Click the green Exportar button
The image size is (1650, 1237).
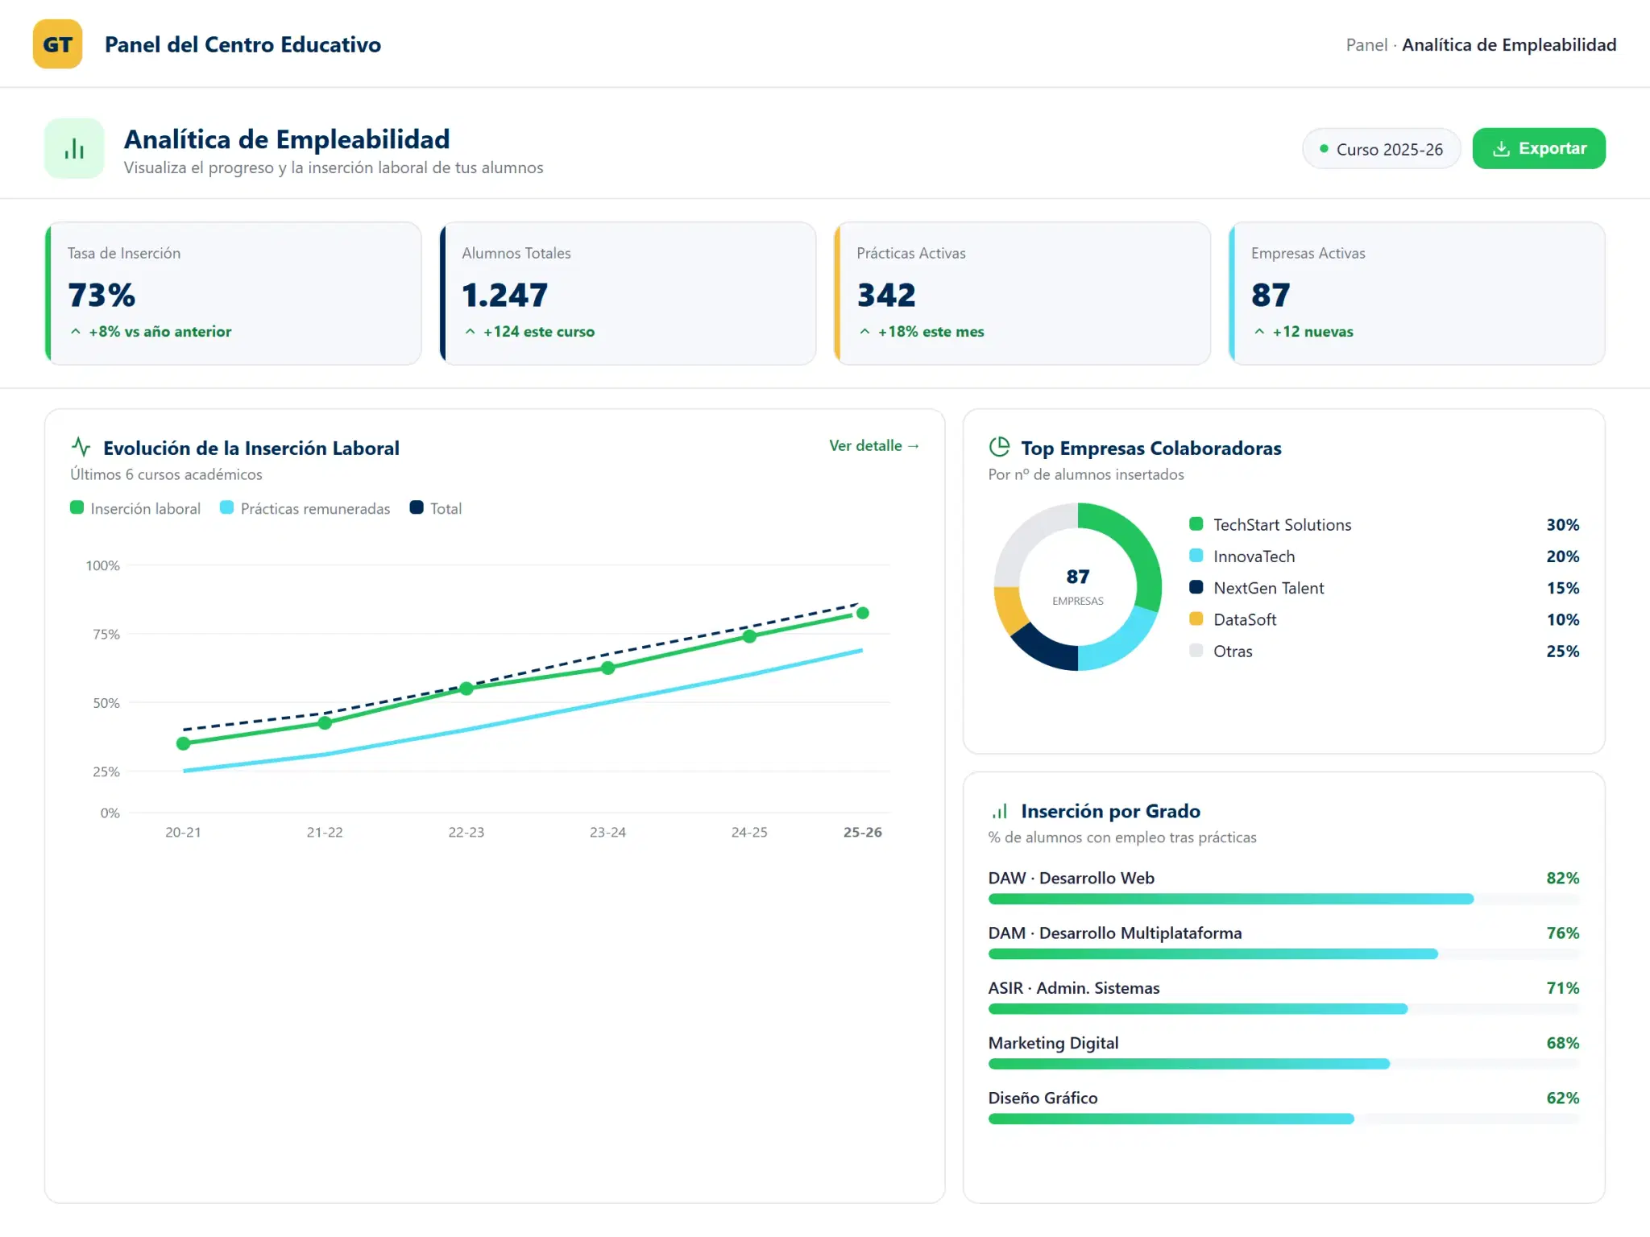coord(1539,148)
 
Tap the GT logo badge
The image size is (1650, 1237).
coord(57,44)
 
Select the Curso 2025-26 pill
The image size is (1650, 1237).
coord(1381,149)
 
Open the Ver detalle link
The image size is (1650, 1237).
coord(874,445)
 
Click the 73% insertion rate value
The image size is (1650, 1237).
coord(102,295)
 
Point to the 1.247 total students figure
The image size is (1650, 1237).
coord(505,295)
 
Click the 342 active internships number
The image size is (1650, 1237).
coord(886,295)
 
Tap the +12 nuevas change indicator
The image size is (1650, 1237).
coord(1304,332)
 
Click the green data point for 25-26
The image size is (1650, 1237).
coord(863,613)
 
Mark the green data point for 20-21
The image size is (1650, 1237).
coord(184,743)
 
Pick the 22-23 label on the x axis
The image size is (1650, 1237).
coord(466,832)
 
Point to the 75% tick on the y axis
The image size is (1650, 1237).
coord(106,635)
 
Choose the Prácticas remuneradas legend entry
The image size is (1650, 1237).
coord(305,508)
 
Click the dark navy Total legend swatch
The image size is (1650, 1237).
coord(417,507)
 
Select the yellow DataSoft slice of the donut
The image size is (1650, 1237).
coord(1010,610)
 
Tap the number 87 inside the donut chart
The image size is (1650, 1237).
coord(1078,577)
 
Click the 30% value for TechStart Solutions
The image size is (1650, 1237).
coord(1563,525)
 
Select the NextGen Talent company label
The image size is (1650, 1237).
coord(1269,588)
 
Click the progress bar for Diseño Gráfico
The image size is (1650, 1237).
coord(1284,1119)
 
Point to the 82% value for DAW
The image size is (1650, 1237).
coord(1563,878)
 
